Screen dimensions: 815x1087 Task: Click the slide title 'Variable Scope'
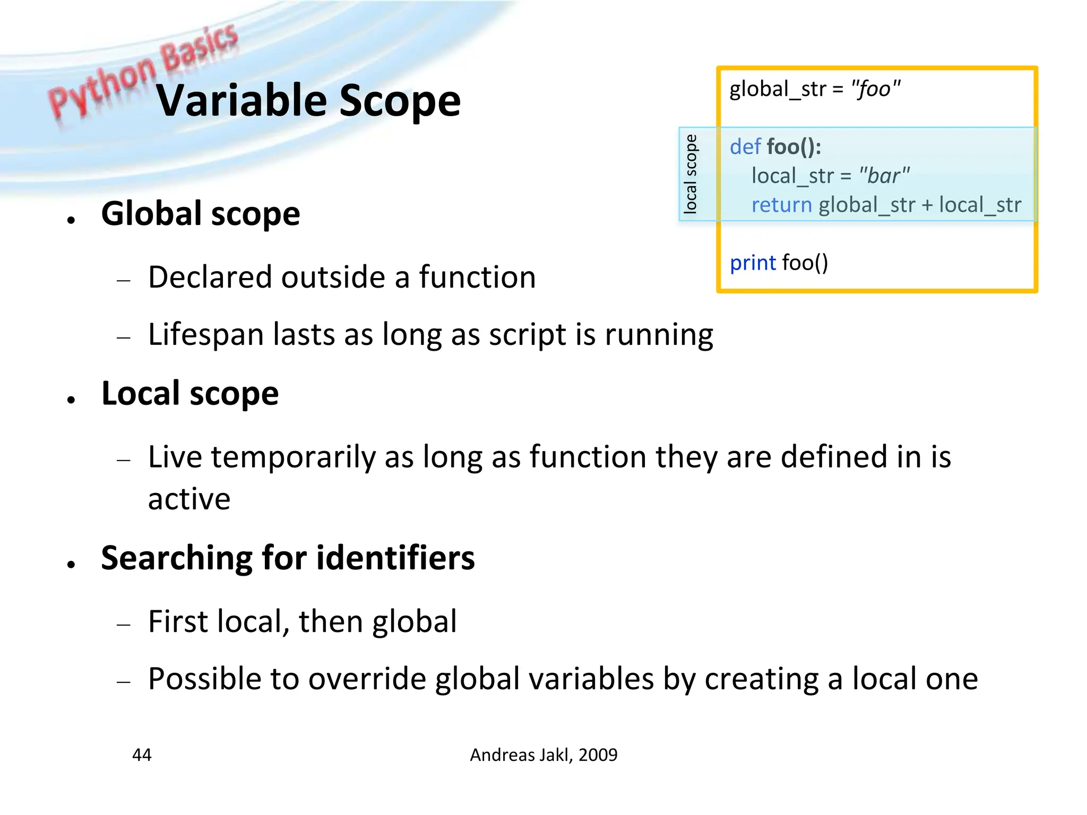coord(308,101)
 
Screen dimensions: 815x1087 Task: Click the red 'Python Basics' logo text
coord(143,69)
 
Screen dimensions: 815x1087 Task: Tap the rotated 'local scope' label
coord(690,174)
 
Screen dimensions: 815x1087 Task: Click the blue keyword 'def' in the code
coord(745,147)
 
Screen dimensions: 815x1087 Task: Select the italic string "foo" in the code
coord(875,89)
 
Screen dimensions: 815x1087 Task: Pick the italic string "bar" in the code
coord(884,176)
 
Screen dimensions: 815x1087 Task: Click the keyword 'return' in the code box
coord(781,205)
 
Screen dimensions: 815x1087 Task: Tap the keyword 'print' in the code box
coord(753,263)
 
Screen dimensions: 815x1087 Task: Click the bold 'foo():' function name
coord(794,147)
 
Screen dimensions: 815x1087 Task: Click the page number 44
coord(142,755)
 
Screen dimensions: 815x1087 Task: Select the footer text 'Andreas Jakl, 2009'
coord(543,755)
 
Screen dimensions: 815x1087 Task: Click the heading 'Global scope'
coord(201,214)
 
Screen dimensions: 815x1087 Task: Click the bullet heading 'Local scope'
coord(190,394)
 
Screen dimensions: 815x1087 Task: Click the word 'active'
coord(189,499)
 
